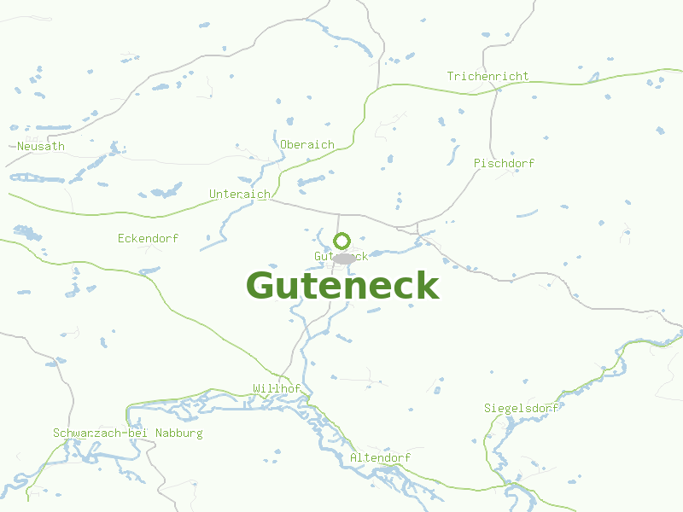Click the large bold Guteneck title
tap(342, 286)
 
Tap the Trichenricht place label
tap(487, 77)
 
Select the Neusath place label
tap(41, 147)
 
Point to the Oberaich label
tap(307, 145)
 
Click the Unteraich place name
tap(240, 195)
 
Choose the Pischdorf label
tap(504, 163)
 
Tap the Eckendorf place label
tap(148, 239)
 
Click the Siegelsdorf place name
tap(521, 408)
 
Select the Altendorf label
tap(380, 458)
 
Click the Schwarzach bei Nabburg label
tap(128, 433)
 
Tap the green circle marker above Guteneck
tap(341, 241)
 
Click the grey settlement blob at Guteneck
tap(344, 258)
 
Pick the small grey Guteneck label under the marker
tap(341, 256)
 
